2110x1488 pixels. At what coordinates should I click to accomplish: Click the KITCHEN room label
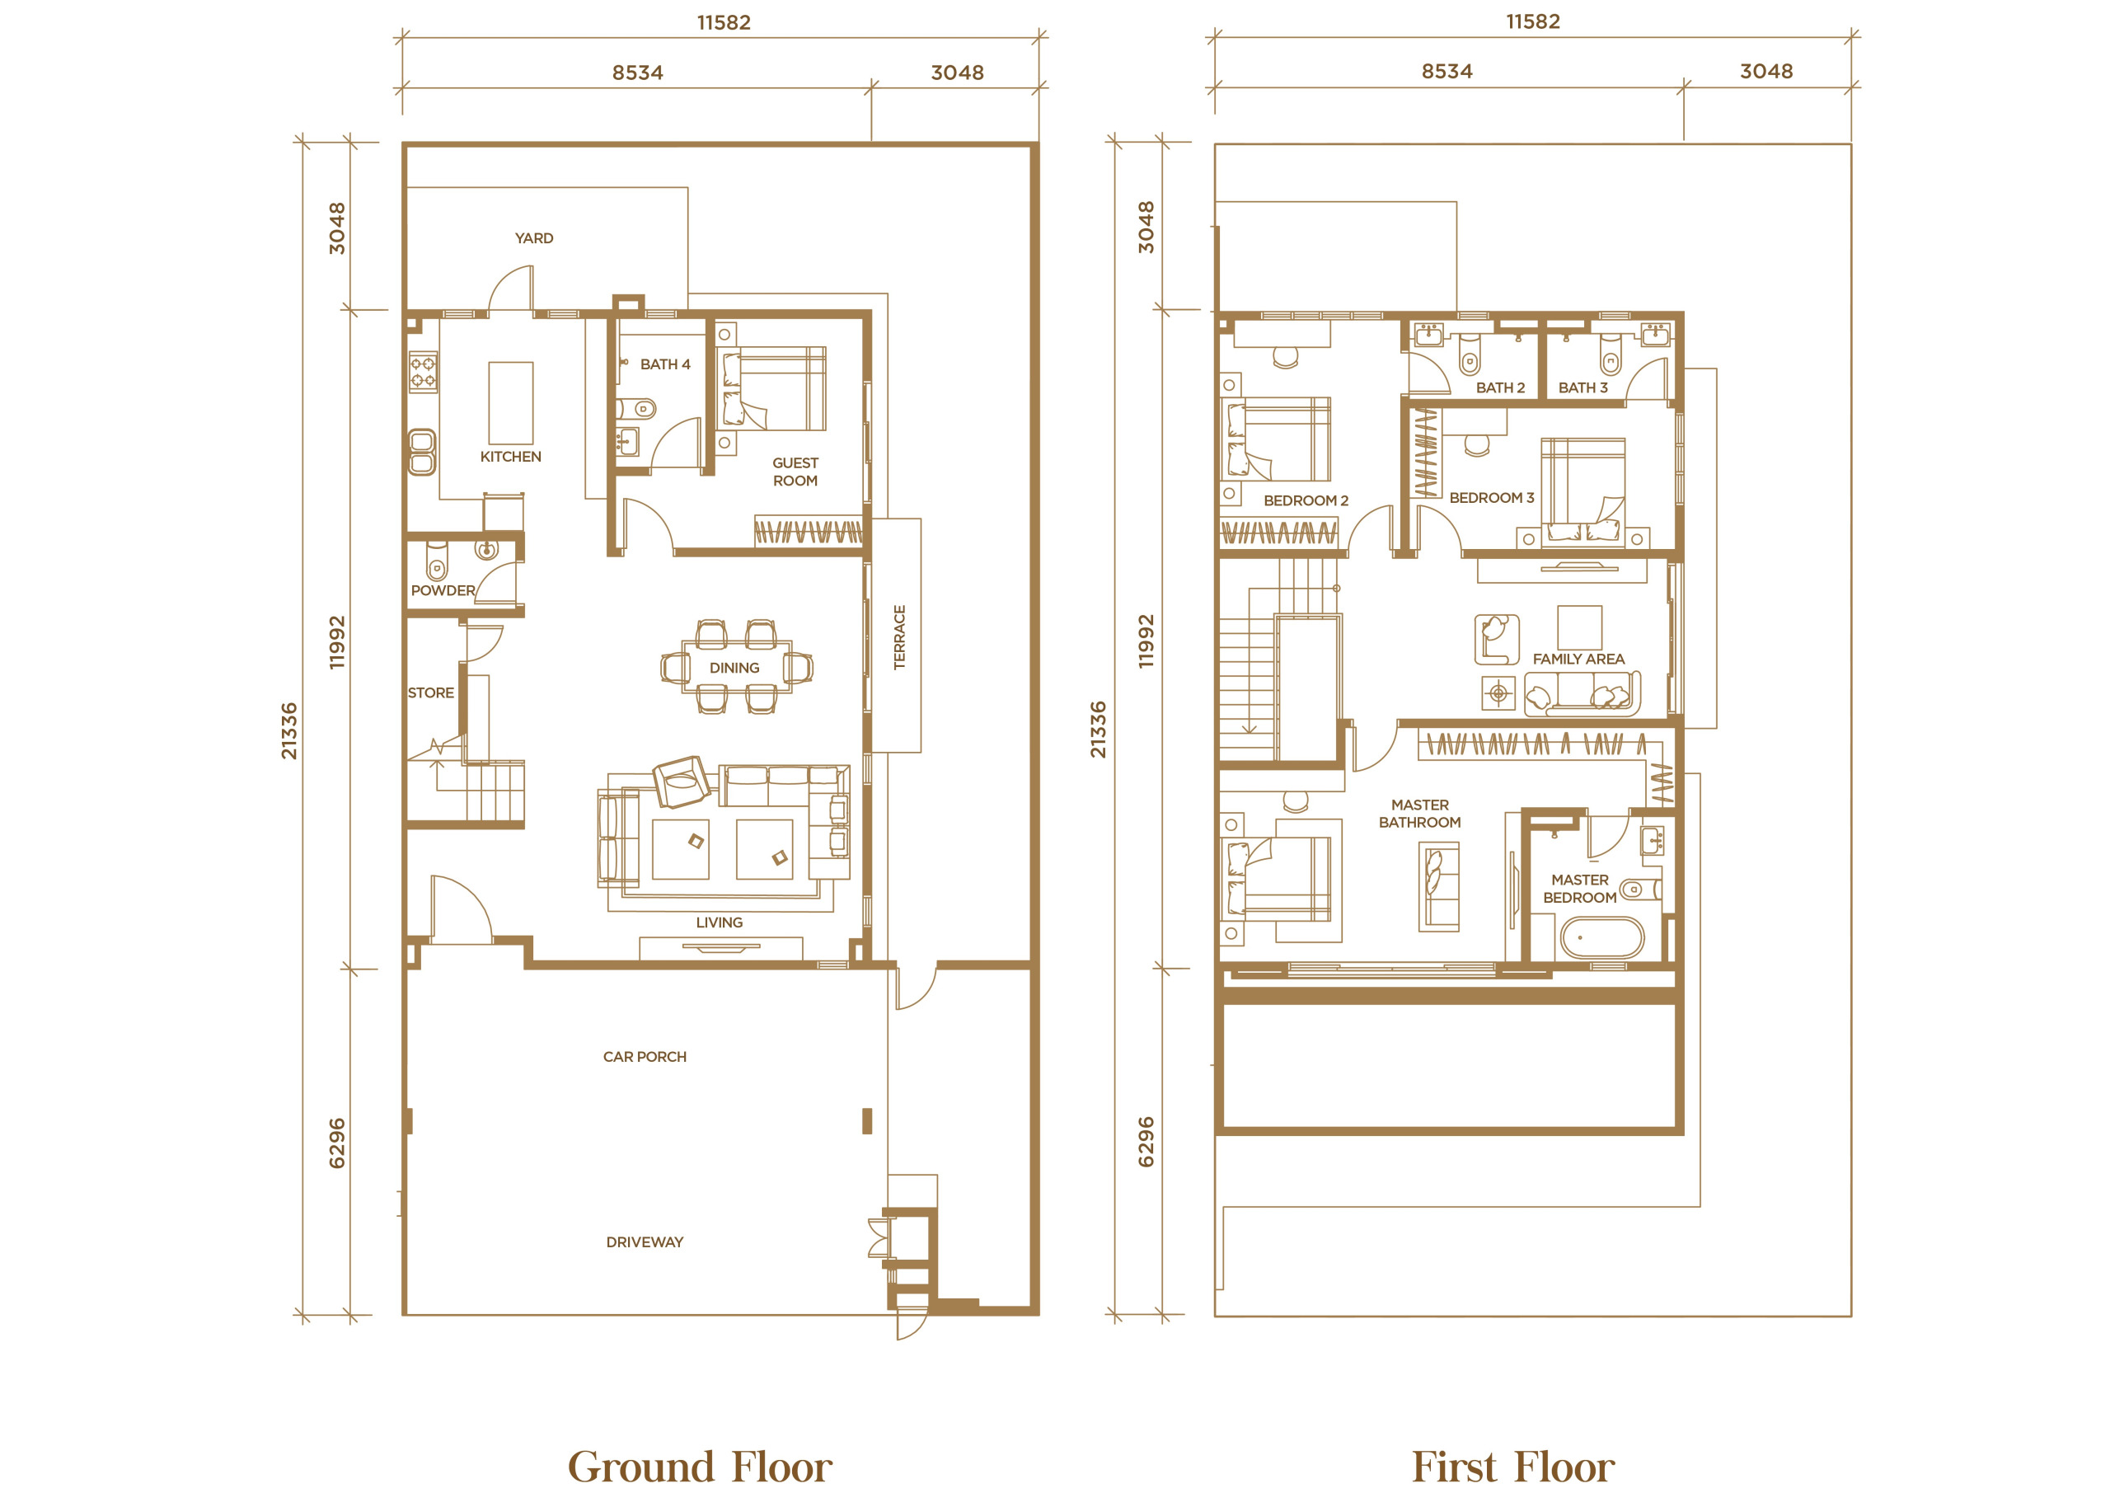510,457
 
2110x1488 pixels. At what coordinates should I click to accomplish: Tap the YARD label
534,238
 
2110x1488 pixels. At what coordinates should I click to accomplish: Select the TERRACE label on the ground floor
900,637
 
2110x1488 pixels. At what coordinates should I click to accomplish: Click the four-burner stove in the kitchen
424,373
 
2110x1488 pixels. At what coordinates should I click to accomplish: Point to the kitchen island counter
511,402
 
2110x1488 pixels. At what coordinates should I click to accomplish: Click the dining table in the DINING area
735,665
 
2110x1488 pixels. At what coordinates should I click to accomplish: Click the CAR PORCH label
645,1057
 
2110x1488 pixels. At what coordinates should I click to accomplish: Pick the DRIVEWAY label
645,1242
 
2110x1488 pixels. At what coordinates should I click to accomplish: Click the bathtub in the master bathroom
1601,937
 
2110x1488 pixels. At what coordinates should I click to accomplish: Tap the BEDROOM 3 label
1492,498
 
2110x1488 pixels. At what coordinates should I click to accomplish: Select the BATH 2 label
1500,387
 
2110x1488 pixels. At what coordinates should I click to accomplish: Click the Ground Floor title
701,1466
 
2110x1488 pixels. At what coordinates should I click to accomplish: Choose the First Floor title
1512,1466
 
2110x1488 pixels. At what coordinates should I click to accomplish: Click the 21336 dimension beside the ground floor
289,730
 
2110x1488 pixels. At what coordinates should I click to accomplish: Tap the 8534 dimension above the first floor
1447,72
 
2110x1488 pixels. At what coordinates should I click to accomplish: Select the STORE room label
431,693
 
